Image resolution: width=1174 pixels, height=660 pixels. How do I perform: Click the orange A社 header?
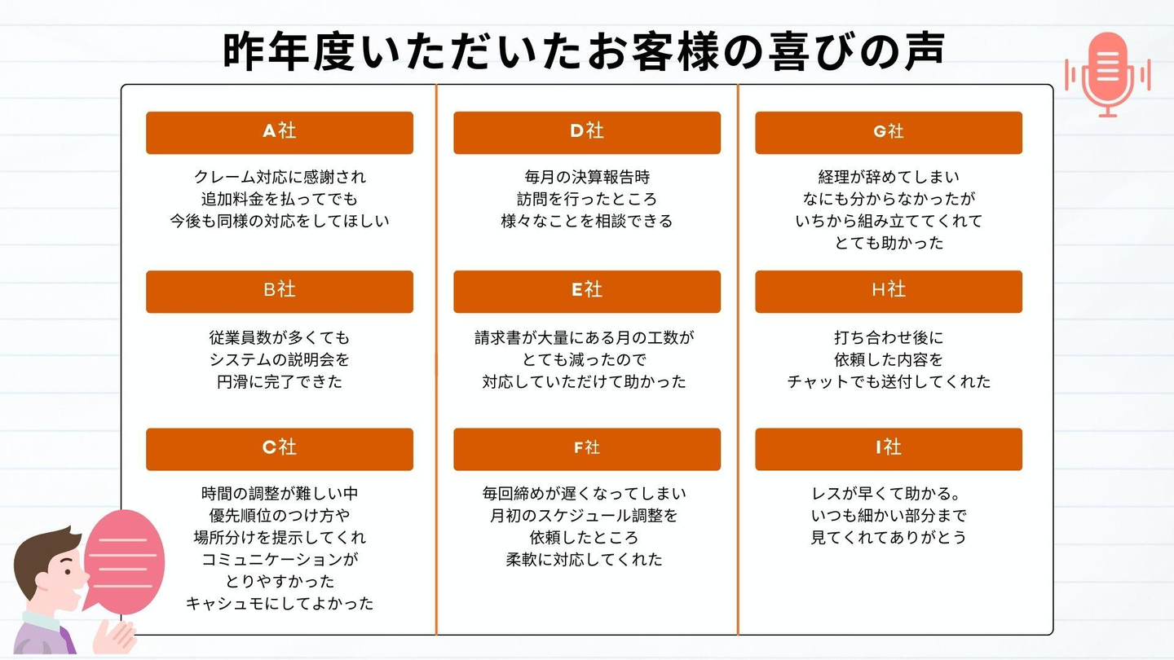pos(279,132)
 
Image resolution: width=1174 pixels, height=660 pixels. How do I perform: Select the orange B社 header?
pos(279,291)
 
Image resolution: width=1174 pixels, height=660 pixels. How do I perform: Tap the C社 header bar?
pos(279,449)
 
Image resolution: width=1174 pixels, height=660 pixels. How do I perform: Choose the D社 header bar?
pos(587,132)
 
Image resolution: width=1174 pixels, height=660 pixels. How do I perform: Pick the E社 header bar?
pos(587,291)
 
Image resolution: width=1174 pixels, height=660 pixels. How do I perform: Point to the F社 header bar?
pos(587,449)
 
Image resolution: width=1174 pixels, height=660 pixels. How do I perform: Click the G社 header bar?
pos(889,132)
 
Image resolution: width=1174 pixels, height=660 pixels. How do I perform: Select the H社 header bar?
pos(889,291)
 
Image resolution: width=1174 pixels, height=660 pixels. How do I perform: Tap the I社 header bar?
pos(889,449)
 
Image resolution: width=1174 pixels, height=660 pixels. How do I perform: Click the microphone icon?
pos(1108,73)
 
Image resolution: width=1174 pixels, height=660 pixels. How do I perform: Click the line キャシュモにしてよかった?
pos(280,604)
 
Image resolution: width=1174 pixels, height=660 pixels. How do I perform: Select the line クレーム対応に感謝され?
pos(280,177)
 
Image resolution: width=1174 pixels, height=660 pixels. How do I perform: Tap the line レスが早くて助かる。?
pos(889,494)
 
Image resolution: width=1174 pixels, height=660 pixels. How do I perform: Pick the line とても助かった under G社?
pos(889,243)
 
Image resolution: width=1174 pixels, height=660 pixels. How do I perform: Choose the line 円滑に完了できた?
pos(280,381)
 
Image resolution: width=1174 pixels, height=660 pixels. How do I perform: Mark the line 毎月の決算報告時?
pos(587,177)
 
